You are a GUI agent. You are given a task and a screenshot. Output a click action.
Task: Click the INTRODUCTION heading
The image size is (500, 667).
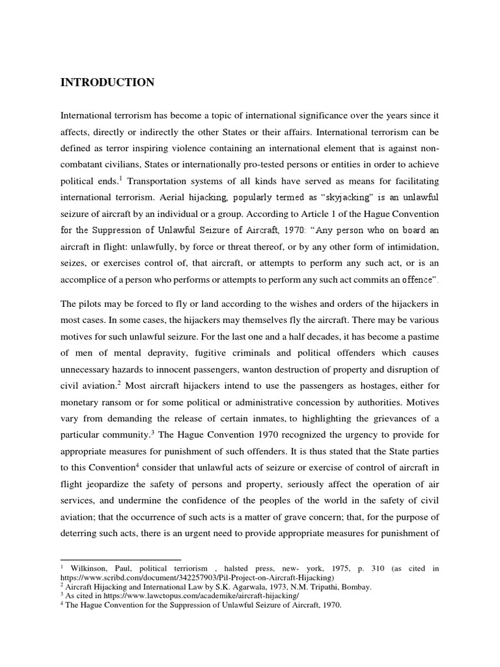pos(107,82)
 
